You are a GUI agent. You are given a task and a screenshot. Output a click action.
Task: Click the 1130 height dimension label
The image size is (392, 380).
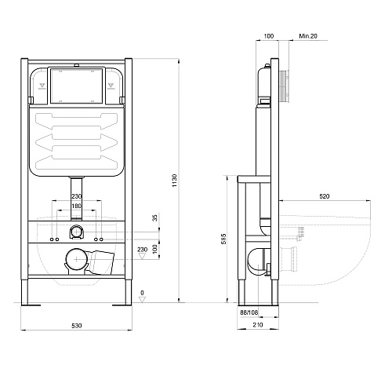[x=174, y=181]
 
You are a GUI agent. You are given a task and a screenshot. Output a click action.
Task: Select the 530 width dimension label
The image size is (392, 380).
[x=77, y=326]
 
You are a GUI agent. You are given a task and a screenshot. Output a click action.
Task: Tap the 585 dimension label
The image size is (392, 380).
[x=223, y=239]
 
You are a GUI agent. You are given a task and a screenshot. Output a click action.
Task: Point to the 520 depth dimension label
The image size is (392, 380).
[x=325, y=196]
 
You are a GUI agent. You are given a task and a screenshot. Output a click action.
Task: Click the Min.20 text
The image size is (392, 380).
[x=308, y=36]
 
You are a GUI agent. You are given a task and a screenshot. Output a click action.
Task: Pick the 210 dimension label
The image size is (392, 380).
[x=258, y=325]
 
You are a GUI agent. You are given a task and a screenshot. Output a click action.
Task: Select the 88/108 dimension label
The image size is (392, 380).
[x=249, y=312]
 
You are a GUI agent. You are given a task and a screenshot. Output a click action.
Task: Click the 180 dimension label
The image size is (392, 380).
[x=76, y=206]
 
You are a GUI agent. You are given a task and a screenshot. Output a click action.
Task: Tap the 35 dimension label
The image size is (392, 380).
[x=155, y=217]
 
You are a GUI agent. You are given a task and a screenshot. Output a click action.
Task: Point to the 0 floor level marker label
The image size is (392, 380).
[x=142, y=293]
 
